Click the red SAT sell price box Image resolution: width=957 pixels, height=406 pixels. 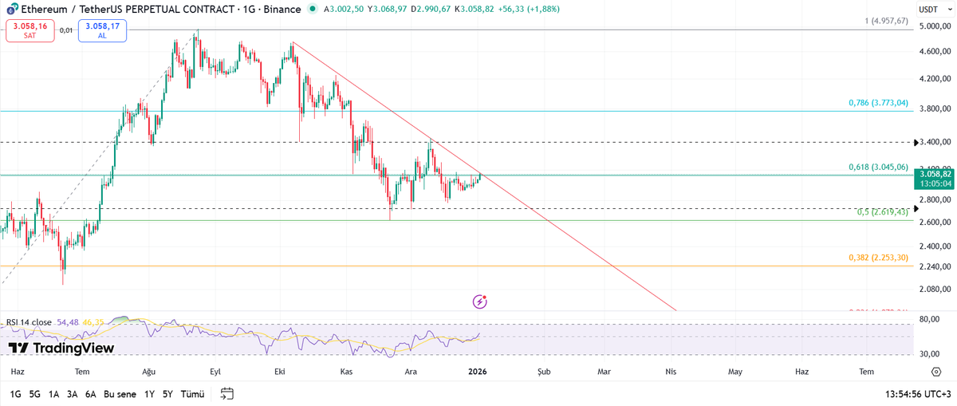coord(30,31)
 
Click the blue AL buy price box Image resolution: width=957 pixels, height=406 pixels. coord(102,31)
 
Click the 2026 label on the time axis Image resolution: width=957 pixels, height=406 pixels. coord(478,372)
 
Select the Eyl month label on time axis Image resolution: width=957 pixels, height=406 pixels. coord(215,372)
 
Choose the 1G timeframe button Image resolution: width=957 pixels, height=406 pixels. coord(16,394)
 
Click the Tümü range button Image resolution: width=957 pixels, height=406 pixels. coord(192,394)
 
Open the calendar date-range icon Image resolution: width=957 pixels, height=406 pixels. coord(227,393)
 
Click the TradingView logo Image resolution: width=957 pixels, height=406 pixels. coord(61,348)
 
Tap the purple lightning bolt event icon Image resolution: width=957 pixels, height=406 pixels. coord(479,302)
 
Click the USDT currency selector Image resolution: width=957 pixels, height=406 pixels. coord(927,10)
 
